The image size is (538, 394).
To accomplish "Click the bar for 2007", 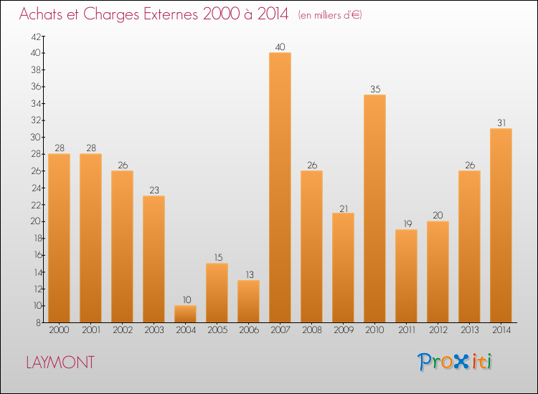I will click(280, 188).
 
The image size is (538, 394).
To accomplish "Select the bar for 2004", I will click(185, 314).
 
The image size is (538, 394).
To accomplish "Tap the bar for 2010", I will click(374, 208).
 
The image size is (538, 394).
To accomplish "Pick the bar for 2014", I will click(501, 226).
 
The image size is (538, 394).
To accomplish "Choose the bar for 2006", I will click(248, 301).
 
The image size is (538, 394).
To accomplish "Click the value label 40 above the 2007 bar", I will click(280, 47).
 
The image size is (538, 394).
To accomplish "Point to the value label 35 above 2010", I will click(374, 90).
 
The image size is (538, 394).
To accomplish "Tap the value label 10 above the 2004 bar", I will click(185, 300).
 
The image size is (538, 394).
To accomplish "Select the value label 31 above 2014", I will click(501, 123).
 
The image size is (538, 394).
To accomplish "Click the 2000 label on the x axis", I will click(59, 331).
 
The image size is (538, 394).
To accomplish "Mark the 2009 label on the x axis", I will click(343, 331).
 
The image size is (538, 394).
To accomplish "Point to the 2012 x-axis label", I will click(438, 331).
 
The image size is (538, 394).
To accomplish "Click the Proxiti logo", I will click(456, 362).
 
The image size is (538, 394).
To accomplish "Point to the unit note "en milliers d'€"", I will click(330, 15).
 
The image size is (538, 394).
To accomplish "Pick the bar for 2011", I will click(406, 276).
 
